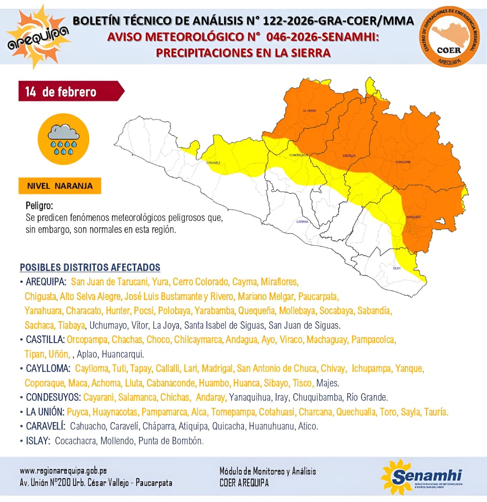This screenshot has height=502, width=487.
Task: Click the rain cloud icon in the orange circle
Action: (x=64, y=139)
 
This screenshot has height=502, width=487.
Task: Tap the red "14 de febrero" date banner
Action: (x=70, y=92)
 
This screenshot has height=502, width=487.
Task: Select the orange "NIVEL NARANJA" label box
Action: (x=60, y=186)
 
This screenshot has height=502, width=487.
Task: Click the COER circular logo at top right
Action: (x=449, y=36)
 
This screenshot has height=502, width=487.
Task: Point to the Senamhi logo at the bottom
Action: (x=422, y=477)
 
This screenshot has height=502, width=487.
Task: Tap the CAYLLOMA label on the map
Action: (x=402, y=162)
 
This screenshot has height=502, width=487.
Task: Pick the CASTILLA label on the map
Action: (x=349, y=155)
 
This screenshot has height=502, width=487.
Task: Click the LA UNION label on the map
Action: (x=309, y=111)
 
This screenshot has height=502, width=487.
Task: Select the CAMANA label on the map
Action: (x=302, y=221)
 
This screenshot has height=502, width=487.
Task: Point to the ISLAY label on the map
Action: (x=396, y=268)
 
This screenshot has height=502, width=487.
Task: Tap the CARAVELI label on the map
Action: (x=213, y=163)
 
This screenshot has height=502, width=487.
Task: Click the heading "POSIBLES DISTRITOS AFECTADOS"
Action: (x=90, y=268)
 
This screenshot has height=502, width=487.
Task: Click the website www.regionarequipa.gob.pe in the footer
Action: (x=63, y=471)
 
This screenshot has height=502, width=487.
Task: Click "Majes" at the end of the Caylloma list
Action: (x=328, y=383)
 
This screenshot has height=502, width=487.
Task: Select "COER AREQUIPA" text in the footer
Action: (x=244, y=483)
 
